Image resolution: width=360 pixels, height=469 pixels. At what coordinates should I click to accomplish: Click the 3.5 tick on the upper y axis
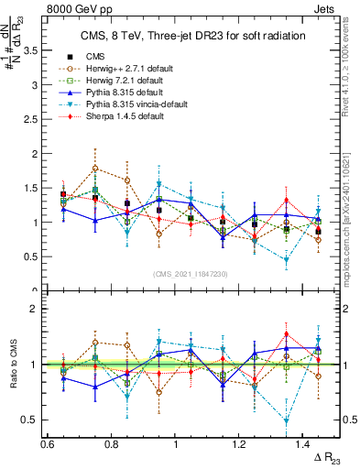coord(35,50)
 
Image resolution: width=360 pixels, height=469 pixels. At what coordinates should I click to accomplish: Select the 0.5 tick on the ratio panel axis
coord(35,420)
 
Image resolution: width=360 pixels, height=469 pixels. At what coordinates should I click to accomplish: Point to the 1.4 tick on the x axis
coord(305,444)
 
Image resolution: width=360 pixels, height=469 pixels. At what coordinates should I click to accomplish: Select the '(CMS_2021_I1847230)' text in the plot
coord(191,274)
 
